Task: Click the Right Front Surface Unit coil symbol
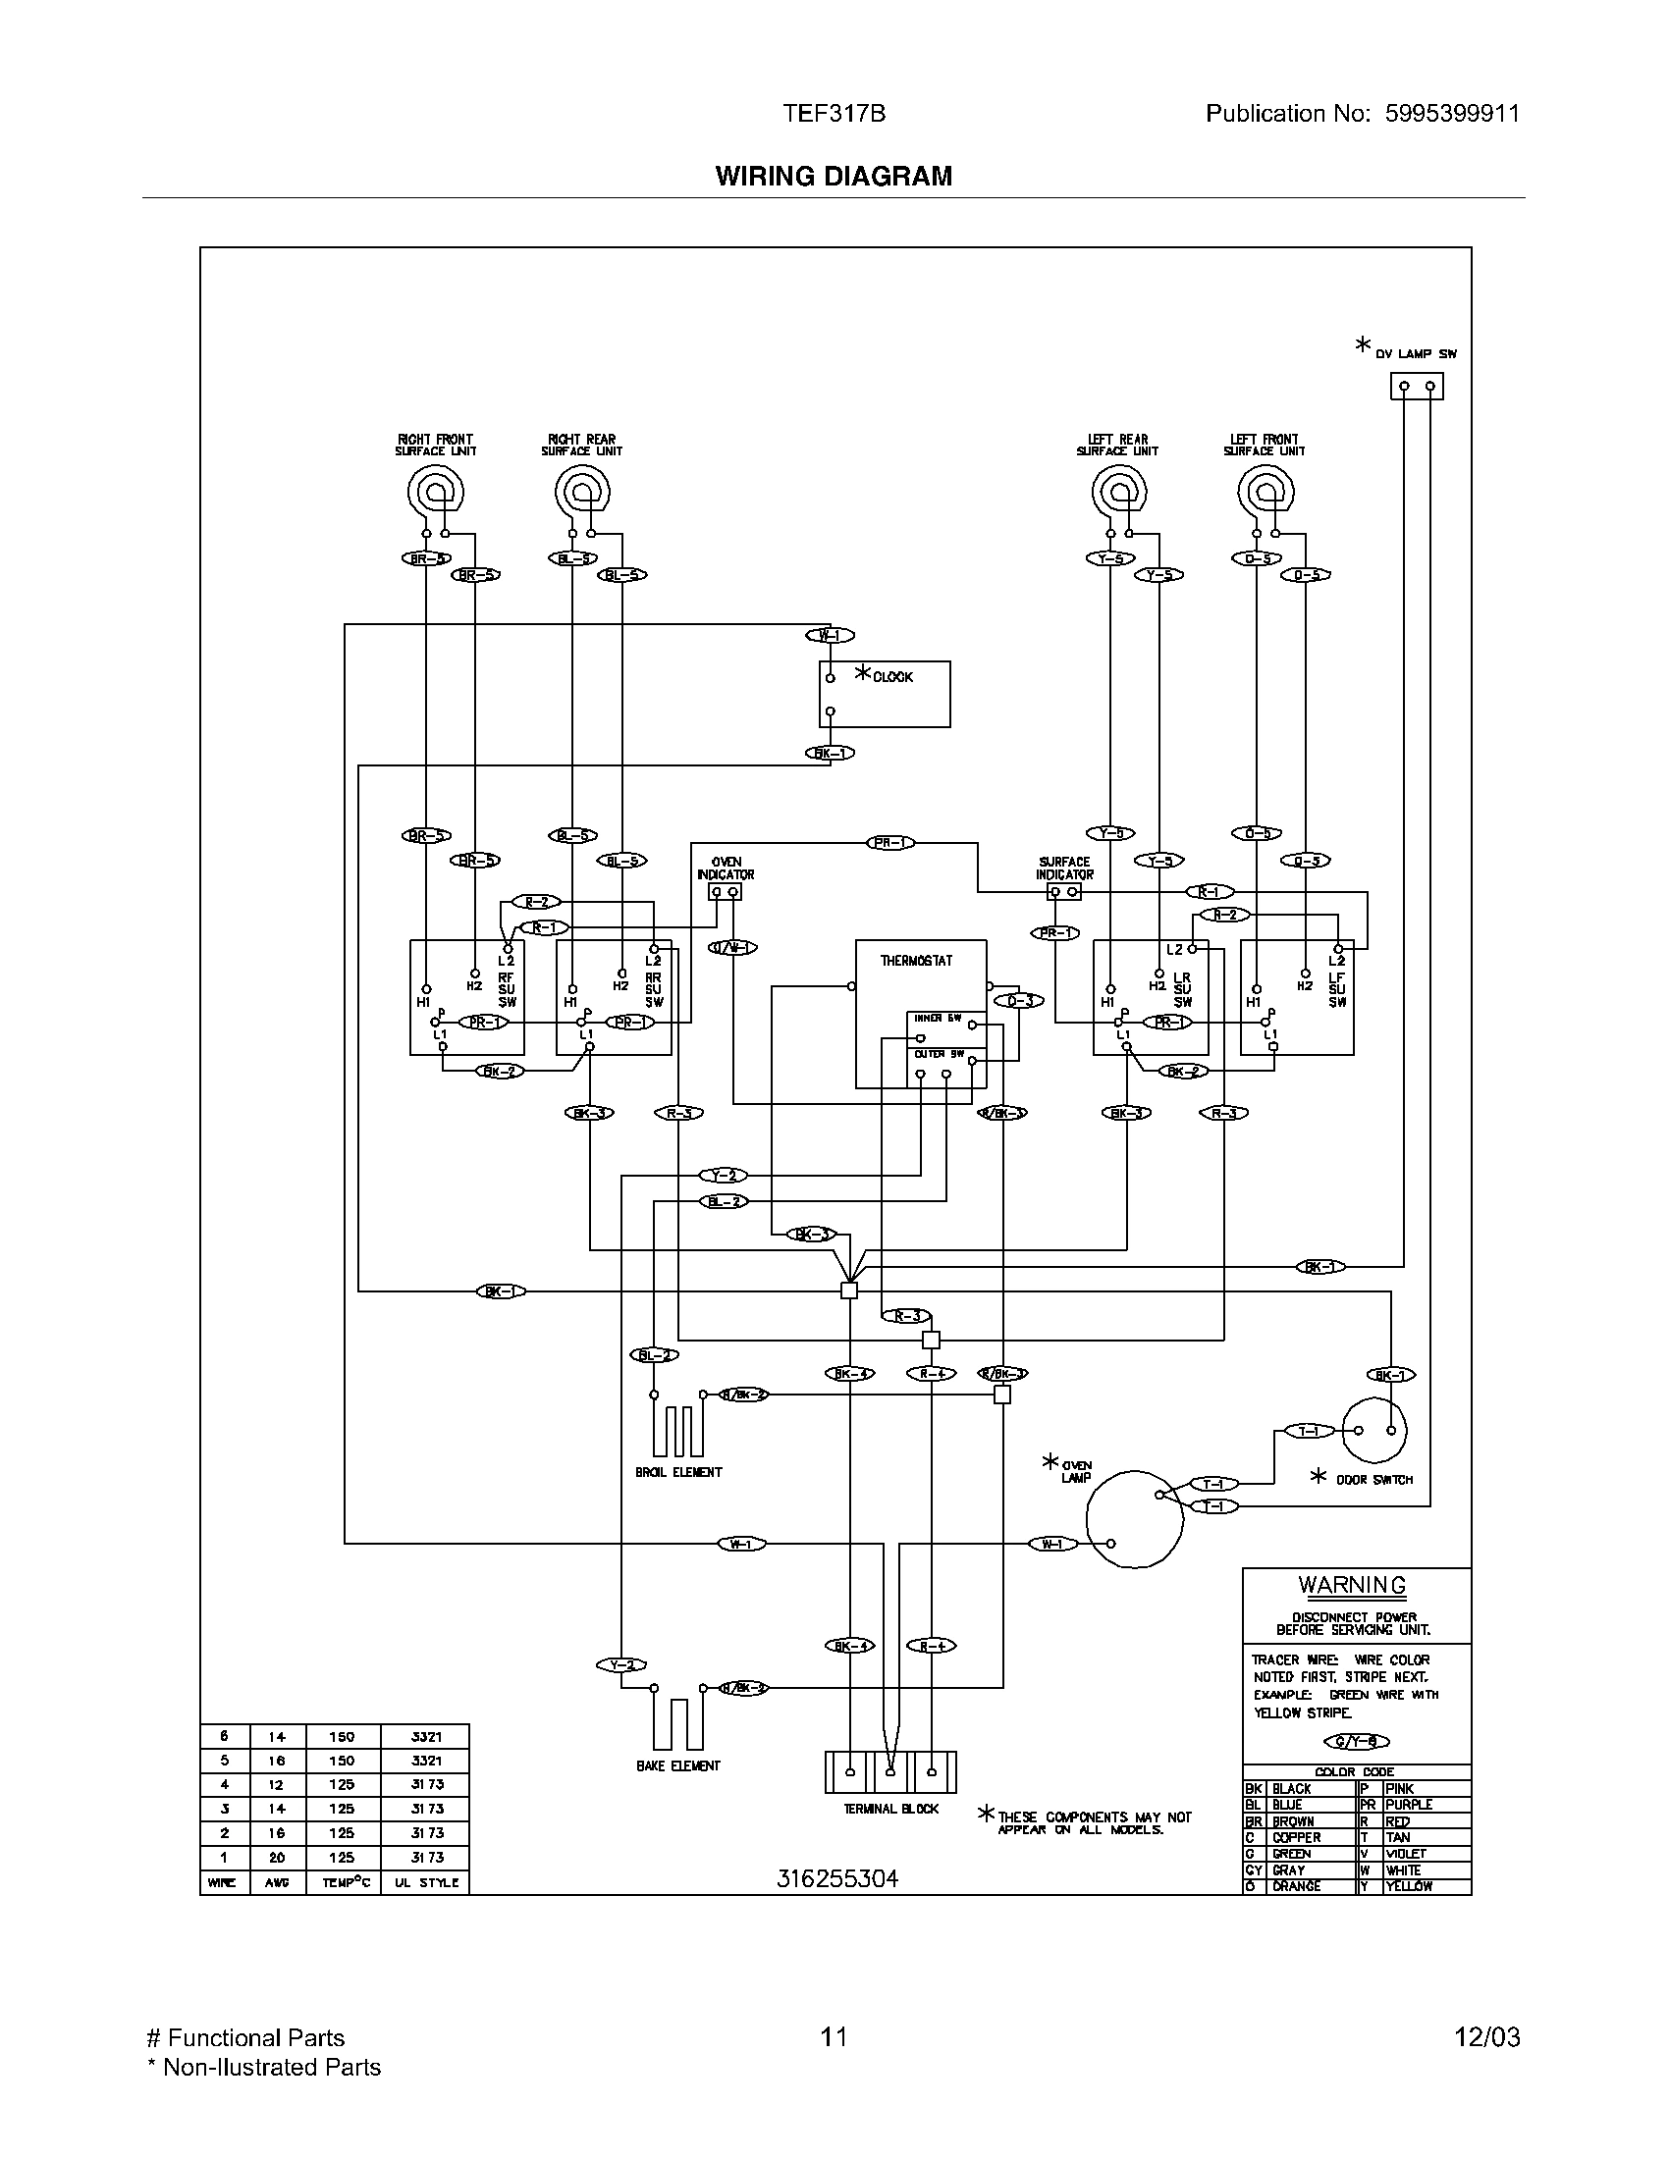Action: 435,491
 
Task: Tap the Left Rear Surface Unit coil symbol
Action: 1118,491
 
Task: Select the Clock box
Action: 885,694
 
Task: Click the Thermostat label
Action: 917,960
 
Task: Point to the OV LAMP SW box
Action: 1417,386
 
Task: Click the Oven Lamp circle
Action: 1134,1519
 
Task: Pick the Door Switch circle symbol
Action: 1374,1430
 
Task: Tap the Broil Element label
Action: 678,1472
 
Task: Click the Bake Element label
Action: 678,1765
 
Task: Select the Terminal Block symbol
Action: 890,1772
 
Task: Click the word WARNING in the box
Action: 1352,1586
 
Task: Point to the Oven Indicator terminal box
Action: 726,892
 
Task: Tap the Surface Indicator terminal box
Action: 1064,892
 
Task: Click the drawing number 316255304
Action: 837,1878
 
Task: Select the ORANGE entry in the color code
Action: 1296,1886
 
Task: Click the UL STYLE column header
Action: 426,1882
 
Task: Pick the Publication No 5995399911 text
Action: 1362,114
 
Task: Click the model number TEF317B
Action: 834,114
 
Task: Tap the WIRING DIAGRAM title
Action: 834,176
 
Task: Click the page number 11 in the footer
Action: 834,2036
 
